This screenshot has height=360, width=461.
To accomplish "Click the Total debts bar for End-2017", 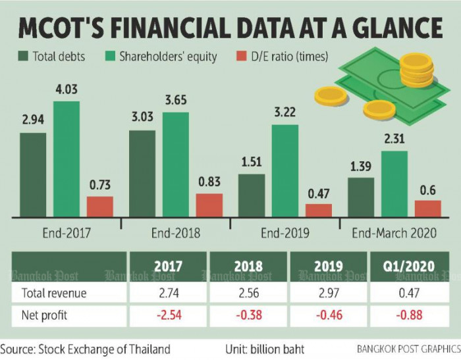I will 33,174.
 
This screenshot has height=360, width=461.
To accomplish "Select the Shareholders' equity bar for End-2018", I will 175,165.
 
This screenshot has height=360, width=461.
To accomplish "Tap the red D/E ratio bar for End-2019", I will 319,210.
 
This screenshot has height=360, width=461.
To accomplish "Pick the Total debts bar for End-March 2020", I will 361,197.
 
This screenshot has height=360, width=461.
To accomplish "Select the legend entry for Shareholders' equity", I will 167,57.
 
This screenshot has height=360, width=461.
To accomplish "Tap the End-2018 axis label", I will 175,233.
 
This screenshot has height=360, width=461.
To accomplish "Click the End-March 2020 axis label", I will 394,233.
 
